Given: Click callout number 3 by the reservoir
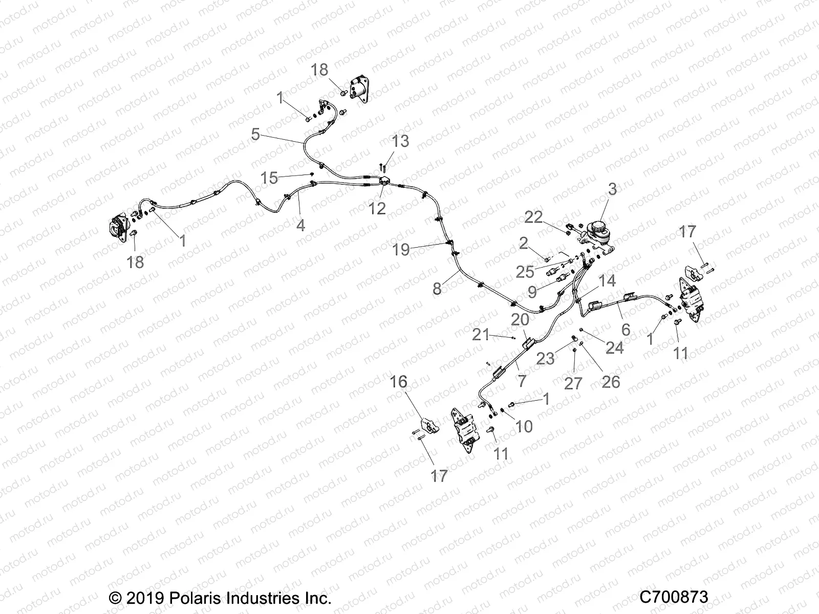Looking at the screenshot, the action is pos(612,189).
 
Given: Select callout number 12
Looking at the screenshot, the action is pos(377,208).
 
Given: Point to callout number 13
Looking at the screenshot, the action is pos(401,141).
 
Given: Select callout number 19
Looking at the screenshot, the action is pos(401,250).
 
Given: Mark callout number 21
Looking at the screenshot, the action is pos(481,335).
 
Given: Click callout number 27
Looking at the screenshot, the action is pos(573,383).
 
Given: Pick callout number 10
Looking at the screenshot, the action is pos(524,426).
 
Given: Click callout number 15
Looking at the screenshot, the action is pos(269,178).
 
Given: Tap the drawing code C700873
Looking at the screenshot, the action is pos(674,597).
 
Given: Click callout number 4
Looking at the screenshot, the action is pos(300,225).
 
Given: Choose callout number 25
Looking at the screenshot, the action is pos(525,272).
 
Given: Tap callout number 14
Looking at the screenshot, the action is pos(607,281).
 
